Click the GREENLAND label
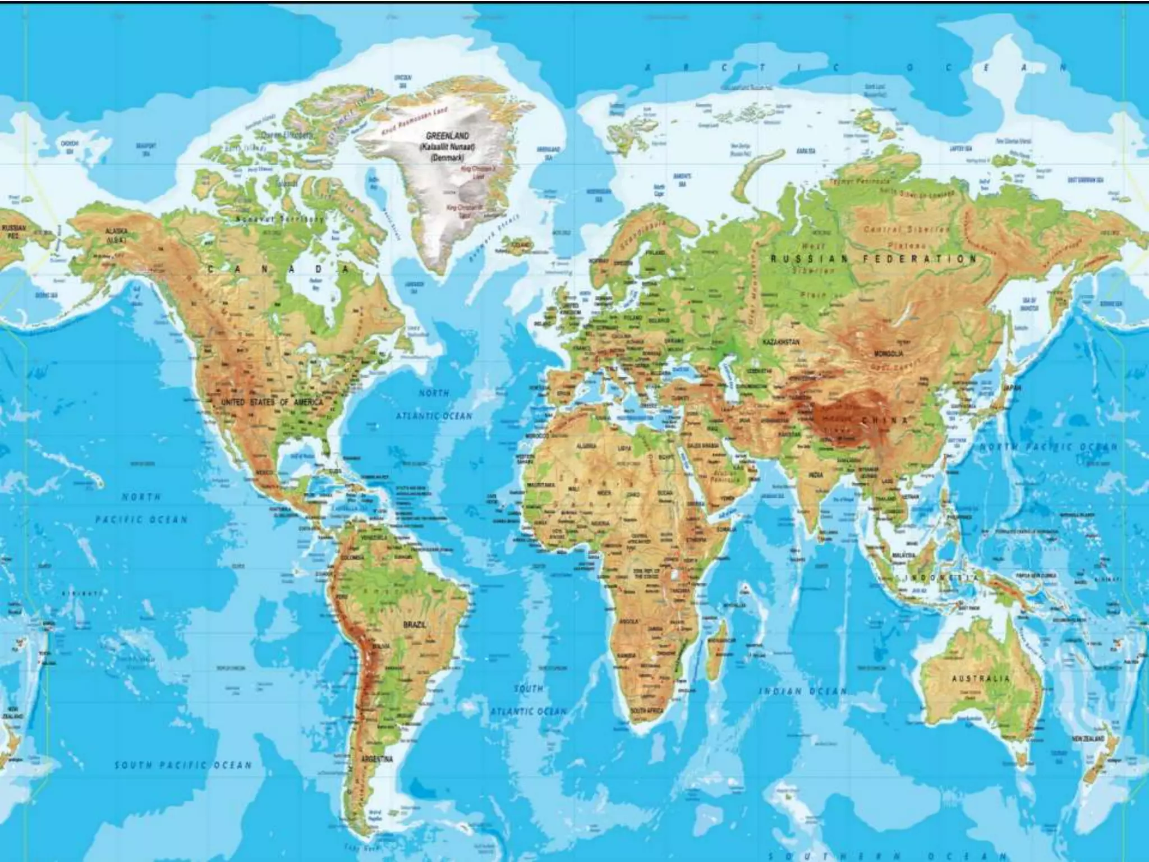click(x=447, y=136)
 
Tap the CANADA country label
click(x=278, y=269)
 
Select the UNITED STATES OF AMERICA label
click(x=272, y=402)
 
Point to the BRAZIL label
click(x=415, y=625)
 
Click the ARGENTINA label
click(x=377, y=759)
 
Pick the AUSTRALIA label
click(x=980, y=678)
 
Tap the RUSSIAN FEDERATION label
click(x=874, y=259)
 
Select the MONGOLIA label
click(x=889, y=354)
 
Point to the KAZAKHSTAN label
click(x=781, y=341)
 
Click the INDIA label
click(x=816, y=475)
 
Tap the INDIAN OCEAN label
click(x=802, y=691)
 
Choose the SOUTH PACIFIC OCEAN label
click(x=183, y=765)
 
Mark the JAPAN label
click(x=1013, y=388)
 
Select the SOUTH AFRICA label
click(x=647, y=711)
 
